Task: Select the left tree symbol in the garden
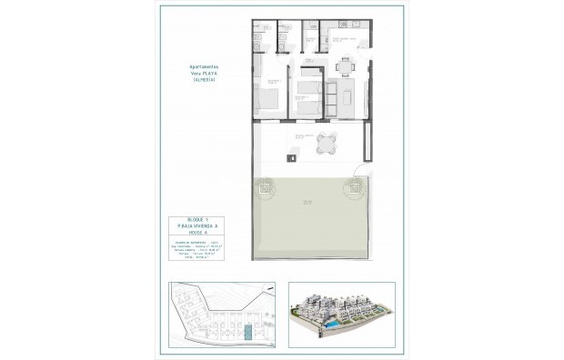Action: pyautogui.click(x=264, y=188)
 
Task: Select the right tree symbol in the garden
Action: pyautogui.click(x=352, y=188)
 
